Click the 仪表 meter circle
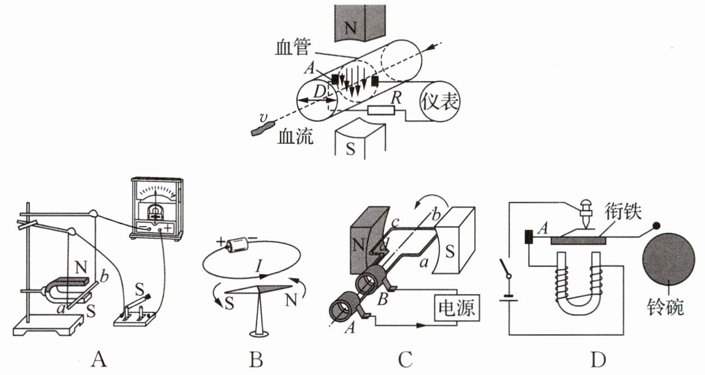[440, 103]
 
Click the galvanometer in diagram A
[152, 207]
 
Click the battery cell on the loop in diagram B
[233, 244]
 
